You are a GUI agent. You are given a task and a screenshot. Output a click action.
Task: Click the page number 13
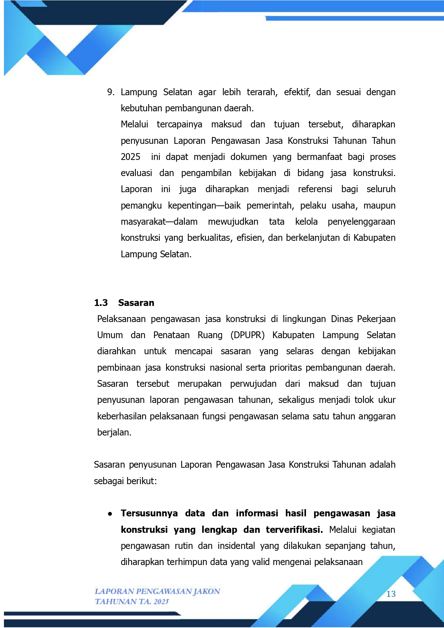coord(391,594)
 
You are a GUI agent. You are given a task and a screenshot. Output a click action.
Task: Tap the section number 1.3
coord(101,303)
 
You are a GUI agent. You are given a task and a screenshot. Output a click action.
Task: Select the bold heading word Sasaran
coord(136,303)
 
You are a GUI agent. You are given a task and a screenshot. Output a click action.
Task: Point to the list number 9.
coord(110,92)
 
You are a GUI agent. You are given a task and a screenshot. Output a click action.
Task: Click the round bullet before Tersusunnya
coord(110,514)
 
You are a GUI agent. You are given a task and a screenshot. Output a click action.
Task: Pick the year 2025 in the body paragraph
coord(130,157)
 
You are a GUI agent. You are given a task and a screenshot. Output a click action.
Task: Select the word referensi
coord(315,189)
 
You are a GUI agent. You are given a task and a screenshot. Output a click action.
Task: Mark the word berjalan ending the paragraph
coord(114,433)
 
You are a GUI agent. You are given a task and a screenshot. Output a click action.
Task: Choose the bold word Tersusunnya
coord(149,513)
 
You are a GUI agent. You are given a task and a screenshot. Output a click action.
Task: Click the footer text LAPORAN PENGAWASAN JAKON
coord(157,591)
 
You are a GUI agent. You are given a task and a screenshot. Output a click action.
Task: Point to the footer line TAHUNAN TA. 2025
coord(132,602)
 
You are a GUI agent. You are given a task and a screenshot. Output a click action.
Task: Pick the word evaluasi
coord(136,173)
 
